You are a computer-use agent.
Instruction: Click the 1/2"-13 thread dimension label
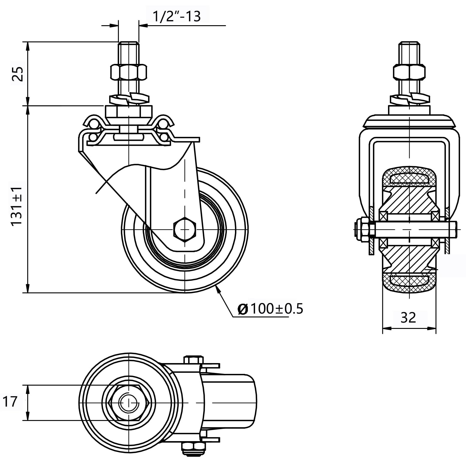pyautogui.click(x=176, y=16)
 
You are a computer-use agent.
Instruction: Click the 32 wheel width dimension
pyautogui.click(x=408, y=317)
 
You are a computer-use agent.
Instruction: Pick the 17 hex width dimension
pyautogui.click(x=10, y=401)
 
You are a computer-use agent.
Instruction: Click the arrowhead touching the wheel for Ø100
pyautogui.click(x=218, y=288)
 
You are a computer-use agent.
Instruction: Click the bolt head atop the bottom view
pyautogui.click(x=193, y=359)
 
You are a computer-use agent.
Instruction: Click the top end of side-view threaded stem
pyautogui.click(x=129, y=44)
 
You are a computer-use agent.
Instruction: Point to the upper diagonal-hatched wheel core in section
pyautogui.click(x=409, y=200)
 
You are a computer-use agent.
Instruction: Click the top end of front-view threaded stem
pyautogui.click(x=409, y=44)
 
